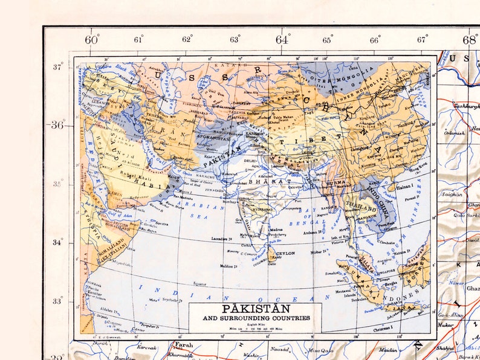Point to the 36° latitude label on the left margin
(57, 125)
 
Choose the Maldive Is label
(229, 266)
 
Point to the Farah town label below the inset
(183, 345)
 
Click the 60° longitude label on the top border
(92, 40)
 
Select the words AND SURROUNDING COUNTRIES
(256, 318)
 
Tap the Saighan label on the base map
(452, 194)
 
